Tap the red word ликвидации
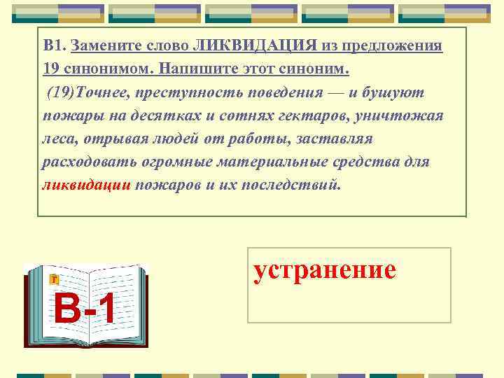click(x=86, y=186)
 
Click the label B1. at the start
click(x=55, y=46)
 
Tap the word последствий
click(x=300, y=186)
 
